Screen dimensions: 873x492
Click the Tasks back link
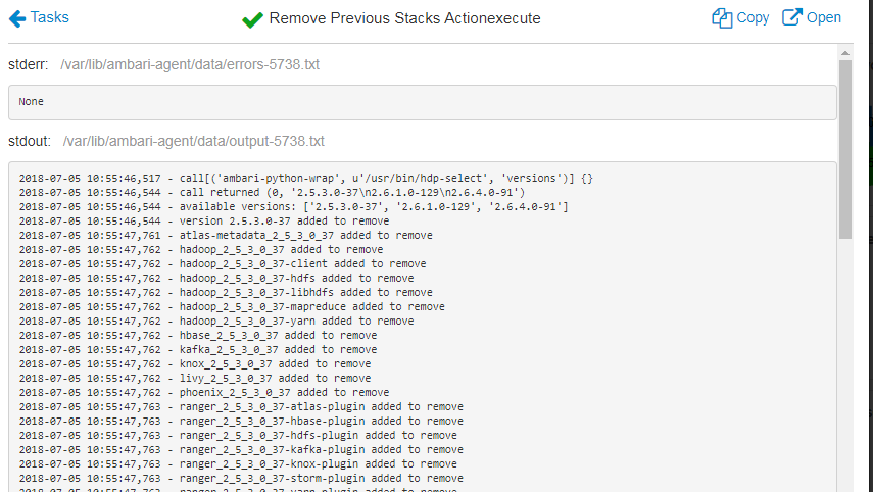[49, 17]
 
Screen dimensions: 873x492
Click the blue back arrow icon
[17, 19]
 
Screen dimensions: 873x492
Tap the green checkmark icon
[252, 20]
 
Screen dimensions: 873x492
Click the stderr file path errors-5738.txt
[190, 65]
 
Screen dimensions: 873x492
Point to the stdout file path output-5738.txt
[193, 141]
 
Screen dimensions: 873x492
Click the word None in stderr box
[31, 102]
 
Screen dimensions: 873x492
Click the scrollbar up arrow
[845, 53]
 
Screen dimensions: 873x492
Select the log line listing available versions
[294, 207]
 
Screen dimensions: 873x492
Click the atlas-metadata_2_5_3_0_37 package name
[256, 235]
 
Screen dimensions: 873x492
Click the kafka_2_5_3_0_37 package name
[229, 350]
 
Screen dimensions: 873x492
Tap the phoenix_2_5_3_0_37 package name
[235, 392]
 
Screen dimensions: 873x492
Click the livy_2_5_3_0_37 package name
[226, 378]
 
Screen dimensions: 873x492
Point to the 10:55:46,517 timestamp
[124, 178]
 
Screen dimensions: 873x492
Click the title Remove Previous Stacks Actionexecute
[404, 18]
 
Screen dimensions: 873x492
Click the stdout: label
[29, 141]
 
